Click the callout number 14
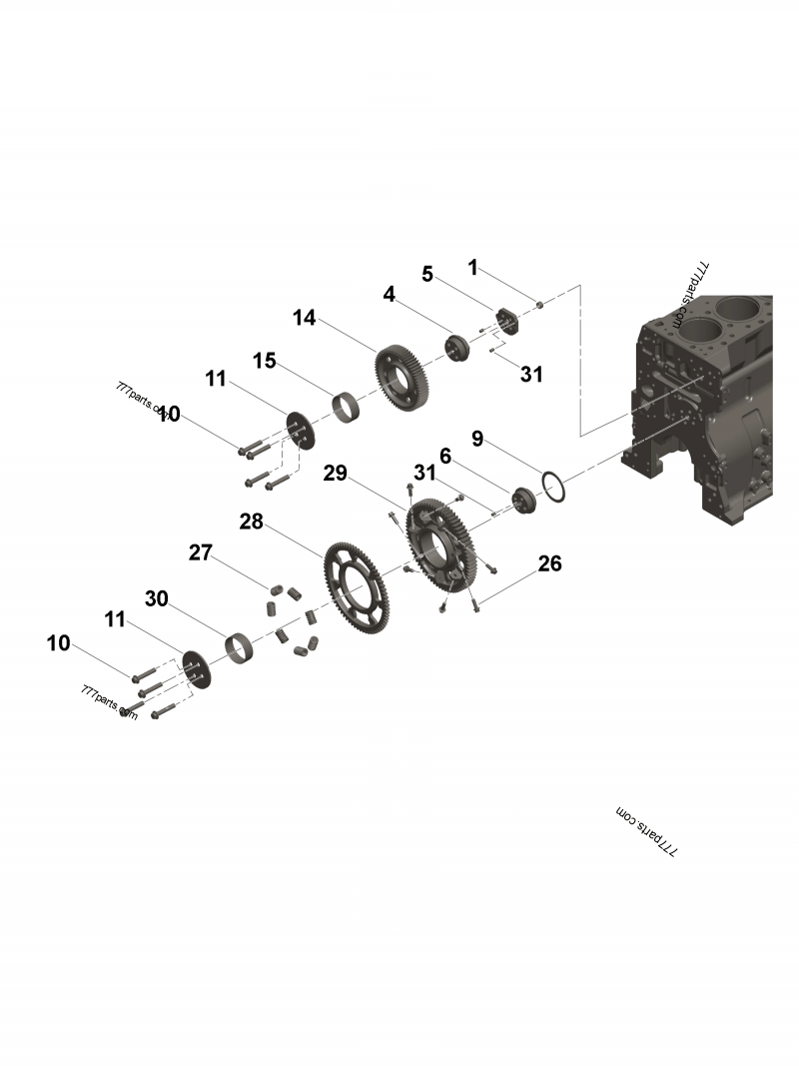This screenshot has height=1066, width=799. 304,318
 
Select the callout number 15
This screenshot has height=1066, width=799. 264,361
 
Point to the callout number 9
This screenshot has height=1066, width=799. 477,438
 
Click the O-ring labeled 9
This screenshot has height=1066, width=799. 554,489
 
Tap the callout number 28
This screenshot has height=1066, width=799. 251,522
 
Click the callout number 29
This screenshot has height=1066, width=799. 335,473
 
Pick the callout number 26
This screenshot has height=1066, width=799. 549,563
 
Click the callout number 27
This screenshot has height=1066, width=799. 201,552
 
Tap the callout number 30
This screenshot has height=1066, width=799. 157,598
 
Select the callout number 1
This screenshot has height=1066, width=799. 473,267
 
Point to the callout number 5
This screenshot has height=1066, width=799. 427,274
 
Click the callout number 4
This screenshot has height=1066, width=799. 389,295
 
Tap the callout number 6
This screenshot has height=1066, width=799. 445,456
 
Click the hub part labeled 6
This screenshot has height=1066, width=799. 523,499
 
